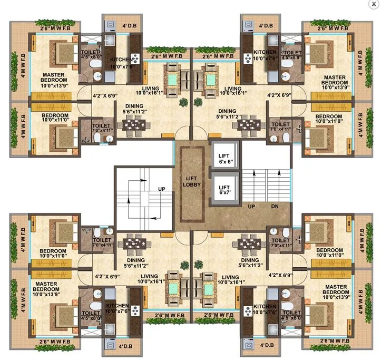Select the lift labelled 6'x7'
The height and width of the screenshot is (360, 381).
[x=224, y=190]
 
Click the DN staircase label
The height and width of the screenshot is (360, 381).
[x=275, y=207]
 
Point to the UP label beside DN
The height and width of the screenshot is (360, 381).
[x=252, y=207]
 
